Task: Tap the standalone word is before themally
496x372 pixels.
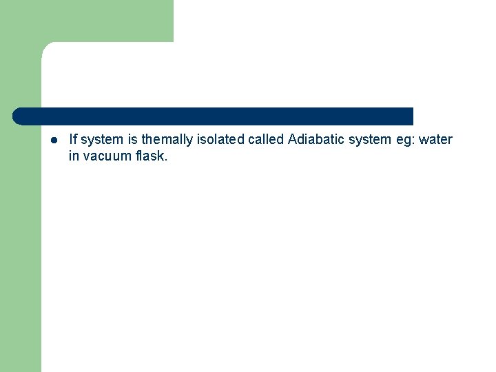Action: coord(133,140)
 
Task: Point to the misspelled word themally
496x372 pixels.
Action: coord(167,140)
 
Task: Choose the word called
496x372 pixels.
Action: coord(265,140)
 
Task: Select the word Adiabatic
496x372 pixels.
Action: coord(315,140)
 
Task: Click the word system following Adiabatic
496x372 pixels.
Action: coord(370,140)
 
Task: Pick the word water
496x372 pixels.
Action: coord(436,140)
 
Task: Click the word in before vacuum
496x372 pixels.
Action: coord(74,156)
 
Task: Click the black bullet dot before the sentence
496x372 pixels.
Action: coord(54,140)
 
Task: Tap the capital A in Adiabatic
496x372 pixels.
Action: coord(293,140)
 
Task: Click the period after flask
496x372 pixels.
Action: coord(166,160)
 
